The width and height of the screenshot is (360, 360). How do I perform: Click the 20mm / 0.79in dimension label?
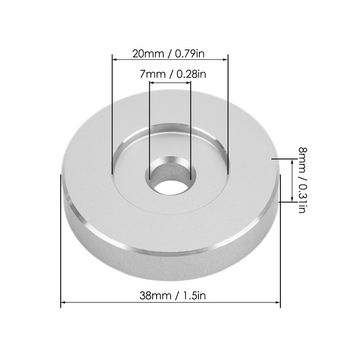pos(169,54)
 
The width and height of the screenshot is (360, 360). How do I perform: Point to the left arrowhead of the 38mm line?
pos(63,302)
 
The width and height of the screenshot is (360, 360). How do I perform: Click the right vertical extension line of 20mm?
pos(228,112)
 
